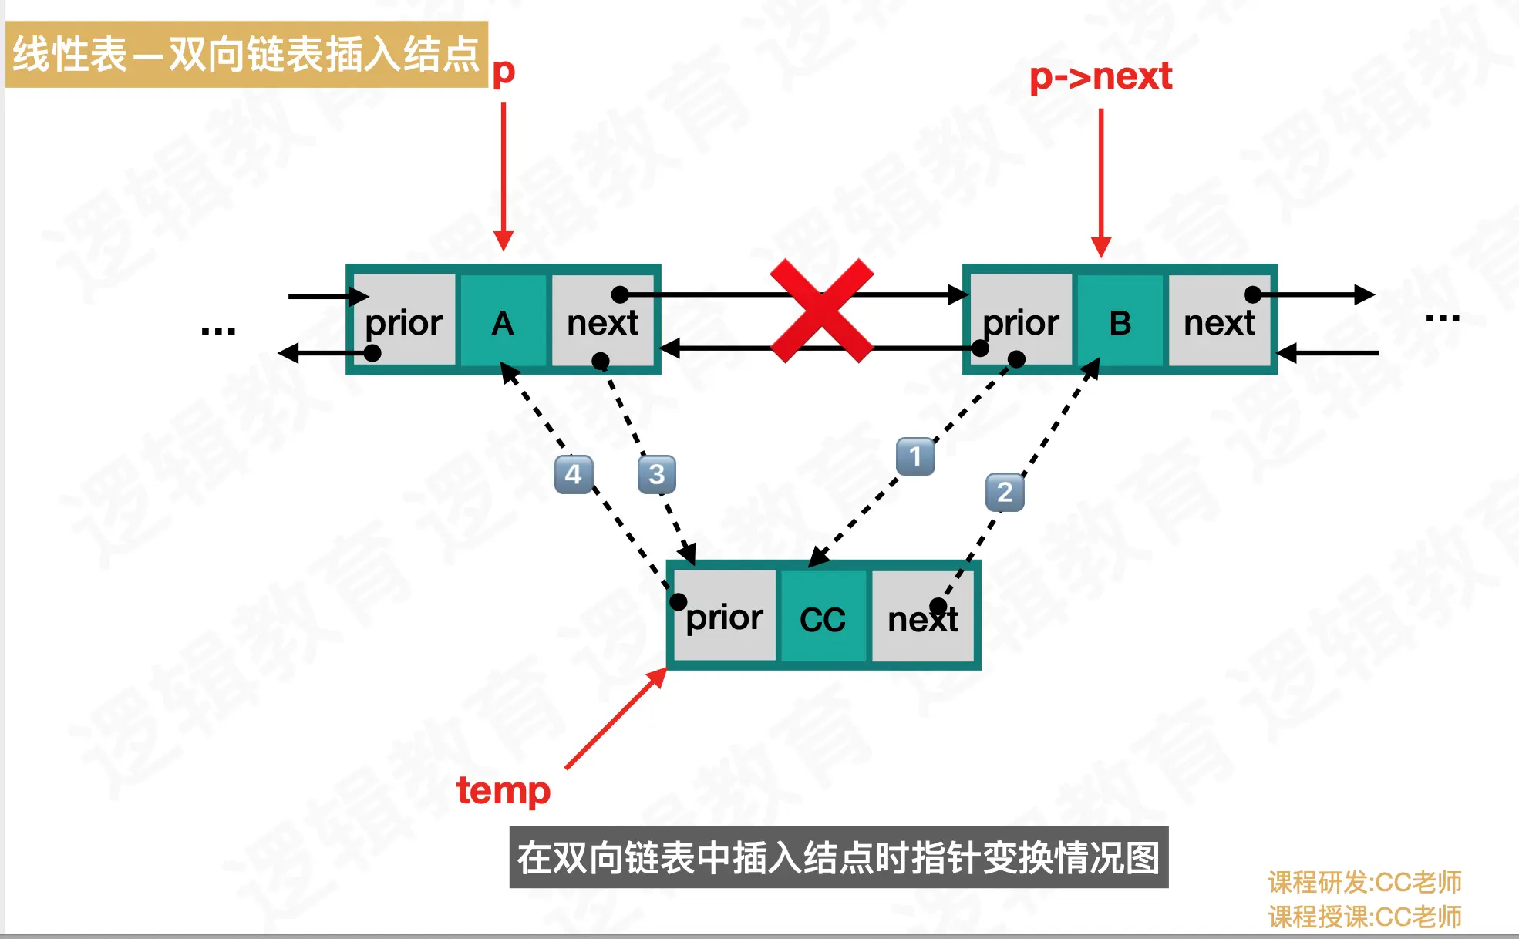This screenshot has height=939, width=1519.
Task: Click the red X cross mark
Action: pyautogui.click(x=822, y=311)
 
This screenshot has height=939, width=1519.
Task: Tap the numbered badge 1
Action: pyautogui.click(x=915, y=456)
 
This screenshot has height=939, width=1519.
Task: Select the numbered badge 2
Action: pyautogui.click(x=1005, y=492)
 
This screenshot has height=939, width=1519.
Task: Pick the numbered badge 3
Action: pyautogui.click(x=656, y=474)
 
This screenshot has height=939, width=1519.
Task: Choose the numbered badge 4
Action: pyautogui.click(x=573, y=474)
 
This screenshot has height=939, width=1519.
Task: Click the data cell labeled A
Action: pyautogui.click(x=504, y=321)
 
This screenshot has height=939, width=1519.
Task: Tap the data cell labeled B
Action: pyautogui.click(x=1120, y=321)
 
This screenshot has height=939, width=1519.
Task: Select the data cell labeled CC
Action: pyautogui.click(x=823, y=618)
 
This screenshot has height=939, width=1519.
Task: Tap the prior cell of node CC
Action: pyautogui.click(x=725, y=617)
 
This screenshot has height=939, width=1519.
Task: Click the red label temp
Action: pyautogui.click(x=504, y=791)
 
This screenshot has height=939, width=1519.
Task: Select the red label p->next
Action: pyautogui.click(x=1100, y=76)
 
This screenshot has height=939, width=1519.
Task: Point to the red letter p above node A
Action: pyautogui.click(x=504, y=72)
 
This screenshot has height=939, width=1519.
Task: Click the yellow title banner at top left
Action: pyautogui.click(x=246, y=54)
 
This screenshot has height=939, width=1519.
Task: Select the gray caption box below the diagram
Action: pyautogui.click(x=838, y=857)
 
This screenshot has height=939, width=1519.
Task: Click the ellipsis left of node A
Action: pyautogui.click(x=218, y=331)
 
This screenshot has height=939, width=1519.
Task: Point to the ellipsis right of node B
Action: pyautogui.click(x=1443, y=318)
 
